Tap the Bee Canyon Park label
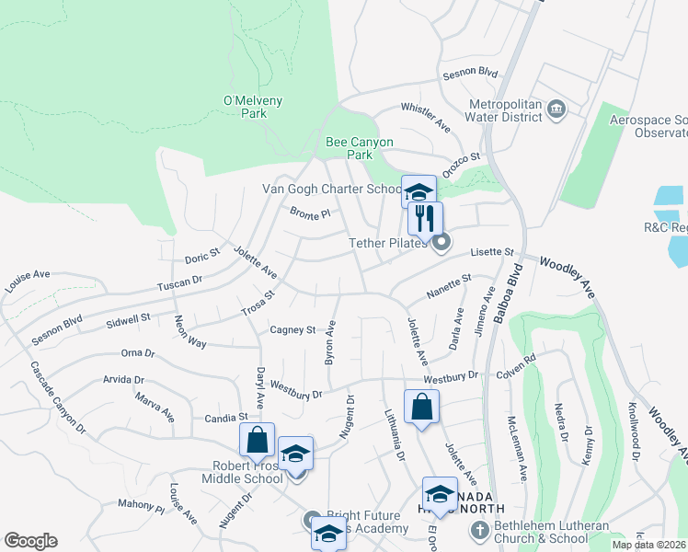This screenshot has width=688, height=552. click(x=360, y=148)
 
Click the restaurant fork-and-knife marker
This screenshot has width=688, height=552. click(x=425, y=219)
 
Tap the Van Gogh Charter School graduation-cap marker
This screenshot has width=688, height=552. click(x=419, y=192)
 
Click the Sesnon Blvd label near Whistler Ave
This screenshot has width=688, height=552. click(x=470, y=72)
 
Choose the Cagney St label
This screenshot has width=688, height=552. click(x=292, y=329)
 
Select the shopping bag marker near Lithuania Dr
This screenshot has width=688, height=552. click(x=421, y=408)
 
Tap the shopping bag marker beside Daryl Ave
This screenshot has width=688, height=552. click(x=258, y=441)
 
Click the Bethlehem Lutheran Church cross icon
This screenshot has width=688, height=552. click(x=478, y=530)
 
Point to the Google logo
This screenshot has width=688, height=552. click(x=30, y=541)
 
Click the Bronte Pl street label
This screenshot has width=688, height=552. click(x=309, y=213)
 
